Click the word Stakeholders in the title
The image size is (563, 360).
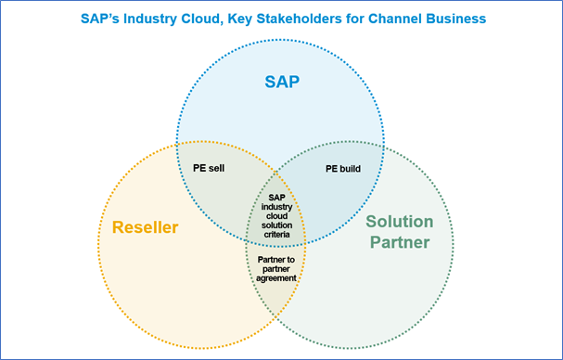coord(297,19)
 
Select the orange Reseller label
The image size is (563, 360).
coord(146,227)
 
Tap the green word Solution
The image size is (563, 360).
coord(399,222)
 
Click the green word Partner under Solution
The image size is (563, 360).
coord(399,243)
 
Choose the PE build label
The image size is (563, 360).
coord(342,169)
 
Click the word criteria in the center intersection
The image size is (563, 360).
coord(276,234)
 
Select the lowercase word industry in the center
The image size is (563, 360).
coord(276,206)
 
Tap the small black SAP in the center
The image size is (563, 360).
coord(276,197)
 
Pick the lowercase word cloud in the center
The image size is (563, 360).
coord(276,215)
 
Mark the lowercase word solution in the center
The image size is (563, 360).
coord(276,225)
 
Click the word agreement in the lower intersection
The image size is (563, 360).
coord(276,277)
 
